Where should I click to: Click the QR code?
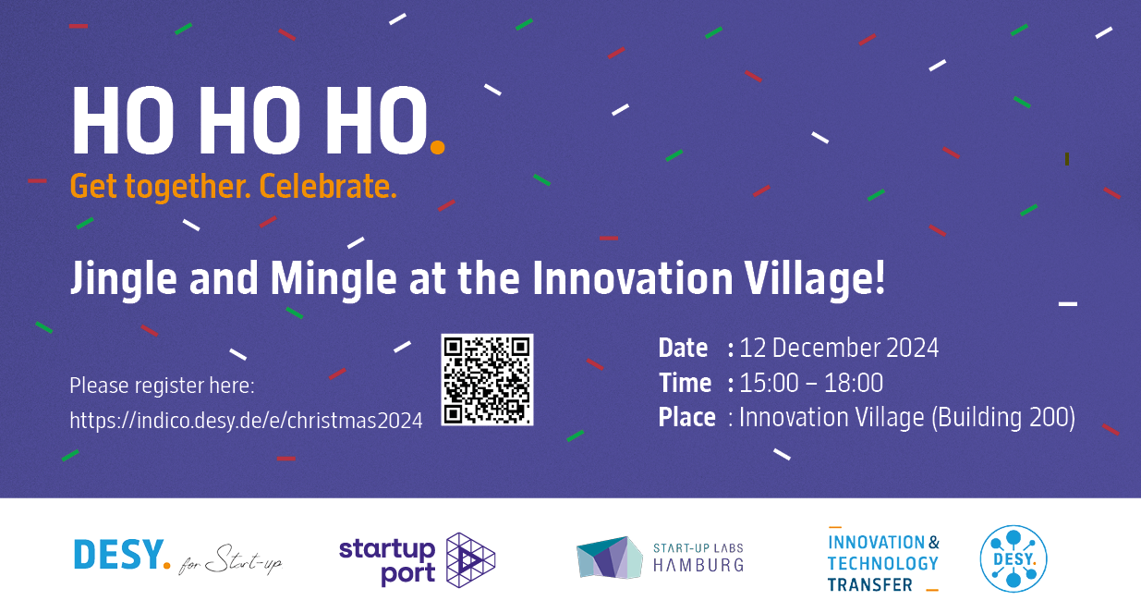pos(487,380)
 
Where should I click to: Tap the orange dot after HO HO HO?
pos(438,147)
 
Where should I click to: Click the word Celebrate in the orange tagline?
pos(328,186)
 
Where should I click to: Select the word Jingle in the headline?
pos(124,278)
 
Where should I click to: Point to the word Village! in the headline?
pos(815,278)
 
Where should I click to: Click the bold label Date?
pos(683,348)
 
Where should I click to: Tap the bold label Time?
pos(685,383)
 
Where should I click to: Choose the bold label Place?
pos(686,417)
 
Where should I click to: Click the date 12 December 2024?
pos(839,348)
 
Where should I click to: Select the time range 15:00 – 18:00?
pos(811,383)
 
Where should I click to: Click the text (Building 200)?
pos(1003,418)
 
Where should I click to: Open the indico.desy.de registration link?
pos(246,421)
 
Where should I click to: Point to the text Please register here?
pos(162,386)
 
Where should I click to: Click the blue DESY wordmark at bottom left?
pos(122,555)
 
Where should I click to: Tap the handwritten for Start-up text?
pos(230,560)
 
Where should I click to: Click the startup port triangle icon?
pos(470,560)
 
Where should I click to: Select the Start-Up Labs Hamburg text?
pos(698,558)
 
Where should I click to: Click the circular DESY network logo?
pos(1014,559)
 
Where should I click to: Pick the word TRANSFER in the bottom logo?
pos(870,584)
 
